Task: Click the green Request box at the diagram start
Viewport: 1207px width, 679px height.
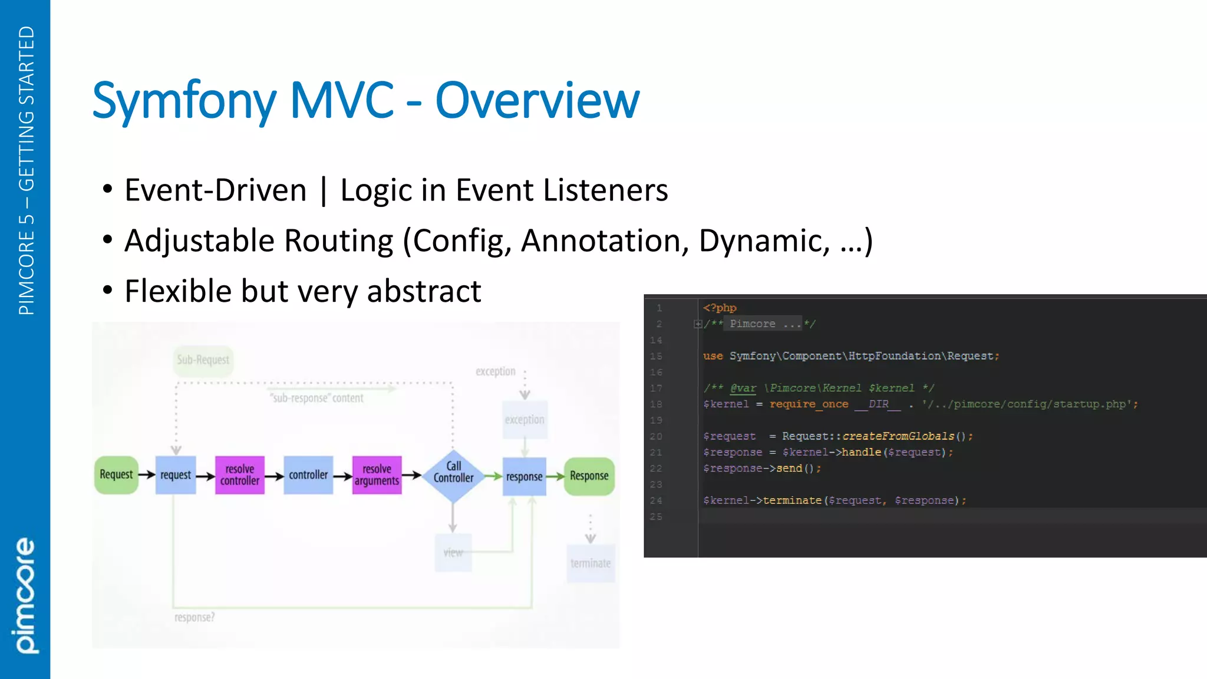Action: pos(116,475)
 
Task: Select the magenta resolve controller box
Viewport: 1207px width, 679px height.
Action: pos(240,475)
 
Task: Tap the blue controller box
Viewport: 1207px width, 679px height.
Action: pos(308,475)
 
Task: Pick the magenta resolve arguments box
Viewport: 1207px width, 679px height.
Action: pos(377,475)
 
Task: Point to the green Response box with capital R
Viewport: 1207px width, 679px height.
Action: pos(589,476)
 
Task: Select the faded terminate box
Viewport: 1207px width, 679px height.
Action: pos(591,563)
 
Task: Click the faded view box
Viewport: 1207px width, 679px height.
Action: pos(453,553)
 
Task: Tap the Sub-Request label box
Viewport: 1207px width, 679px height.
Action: pos(203,360)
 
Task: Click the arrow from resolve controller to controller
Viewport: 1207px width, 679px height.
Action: pos(274,476)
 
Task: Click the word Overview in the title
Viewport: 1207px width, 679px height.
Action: pos(537,100)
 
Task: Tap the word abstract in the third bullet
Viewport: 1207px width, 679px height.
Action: pos(424,291)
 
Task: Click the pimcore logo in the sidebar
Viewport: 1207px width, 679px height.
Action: pos(25,595)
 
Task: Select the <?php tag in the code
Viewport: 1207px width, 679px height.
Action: pos(720,308)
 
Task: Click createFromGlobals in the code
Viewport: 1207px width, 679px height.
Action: pos(898,436)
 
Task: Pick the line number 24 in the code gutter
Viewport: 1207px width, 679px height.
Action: pos(656,500)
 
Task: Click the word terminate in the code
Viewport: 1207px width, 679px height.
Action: pos(792,500)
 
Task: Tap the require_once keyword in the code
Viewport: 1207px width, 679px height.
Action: pos(809,404)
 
